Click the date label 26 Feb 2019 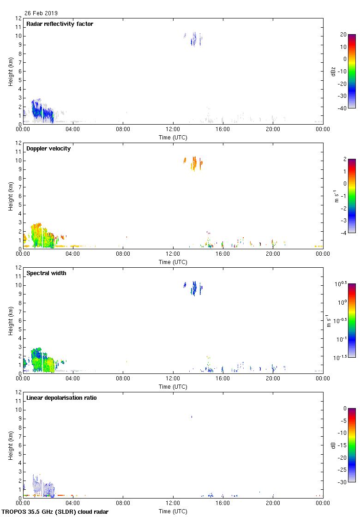pos(41,13)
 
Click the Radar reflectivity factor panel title pos(60,24)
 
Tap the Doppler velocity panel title pos(48,149)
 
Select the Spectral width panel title pos(47,273)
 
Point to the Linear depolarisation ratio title pos(61,398)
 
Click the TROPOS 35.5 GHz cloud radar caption pos(55,512)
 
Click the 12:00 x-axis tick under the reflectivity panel pos(173,130)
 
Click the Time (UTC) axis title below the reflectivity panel pos(173,137)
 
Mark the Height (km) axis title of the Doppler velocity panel pos(11,196)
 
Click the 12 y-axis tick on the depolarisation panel pos(19,392)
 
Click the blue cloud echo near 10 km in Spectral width pos(194,288)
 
